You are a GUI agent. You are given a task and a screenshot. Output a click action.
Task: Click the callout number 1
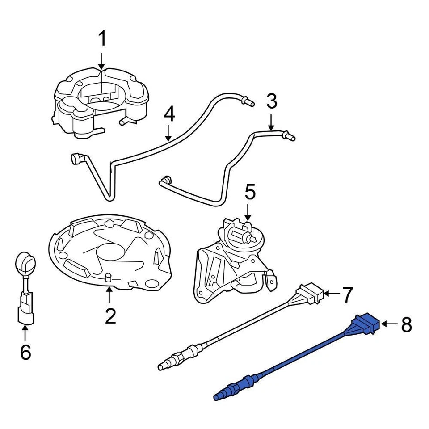pos(102,39)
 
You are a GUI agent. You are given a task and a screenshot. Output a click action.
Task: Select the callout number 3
pos(272,101)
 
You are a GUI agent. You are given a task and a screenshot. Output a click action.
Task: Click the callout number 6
pos(25,352)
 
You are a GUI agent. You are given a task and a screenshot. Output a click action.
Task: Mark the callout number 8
pos(406,325)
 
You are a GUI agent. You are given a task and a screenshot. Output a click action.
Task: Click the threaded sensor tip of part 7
pos(168,363)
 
